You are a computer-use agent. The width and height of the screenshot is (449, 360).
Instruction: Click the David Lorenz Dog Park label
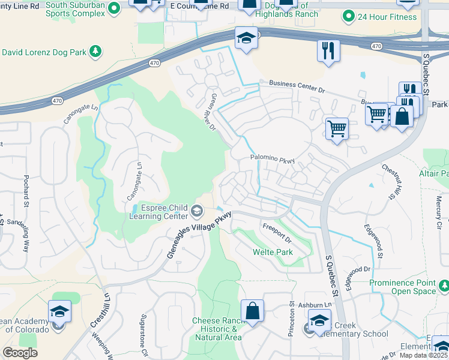click(x=43, y=52)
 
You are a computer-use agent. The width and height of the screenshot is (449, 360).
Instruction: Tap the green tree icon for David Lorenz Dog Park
click(x=95, y=52)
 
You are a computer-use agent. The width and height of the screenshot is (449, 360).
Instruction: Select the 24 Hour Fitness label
click(x=387, y=17)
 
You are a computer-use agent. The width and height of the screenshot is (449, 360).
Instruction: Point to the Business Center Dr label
click(x=297, y=86)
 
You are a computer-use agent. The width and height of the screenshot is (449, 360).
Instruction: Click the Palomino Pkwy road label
click(x=273, y=160)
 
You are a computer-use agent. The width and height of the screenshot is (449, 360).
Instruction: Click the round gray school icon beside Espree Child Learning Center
click(x=197, y=211)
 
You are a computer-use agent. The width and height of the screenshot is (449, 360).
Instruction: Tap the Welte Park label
click(x=273, y=252)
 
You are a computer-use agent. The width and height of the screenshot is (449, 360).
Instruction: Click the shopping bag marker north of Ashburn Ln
click(x=253, y=311)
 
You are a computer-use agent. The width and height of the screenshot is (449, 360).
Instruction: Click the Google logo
click(x=20, y=353)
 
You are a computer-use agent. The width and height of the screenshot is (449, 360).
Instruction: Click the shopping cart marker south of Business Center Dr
click(x=337, y=128)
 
